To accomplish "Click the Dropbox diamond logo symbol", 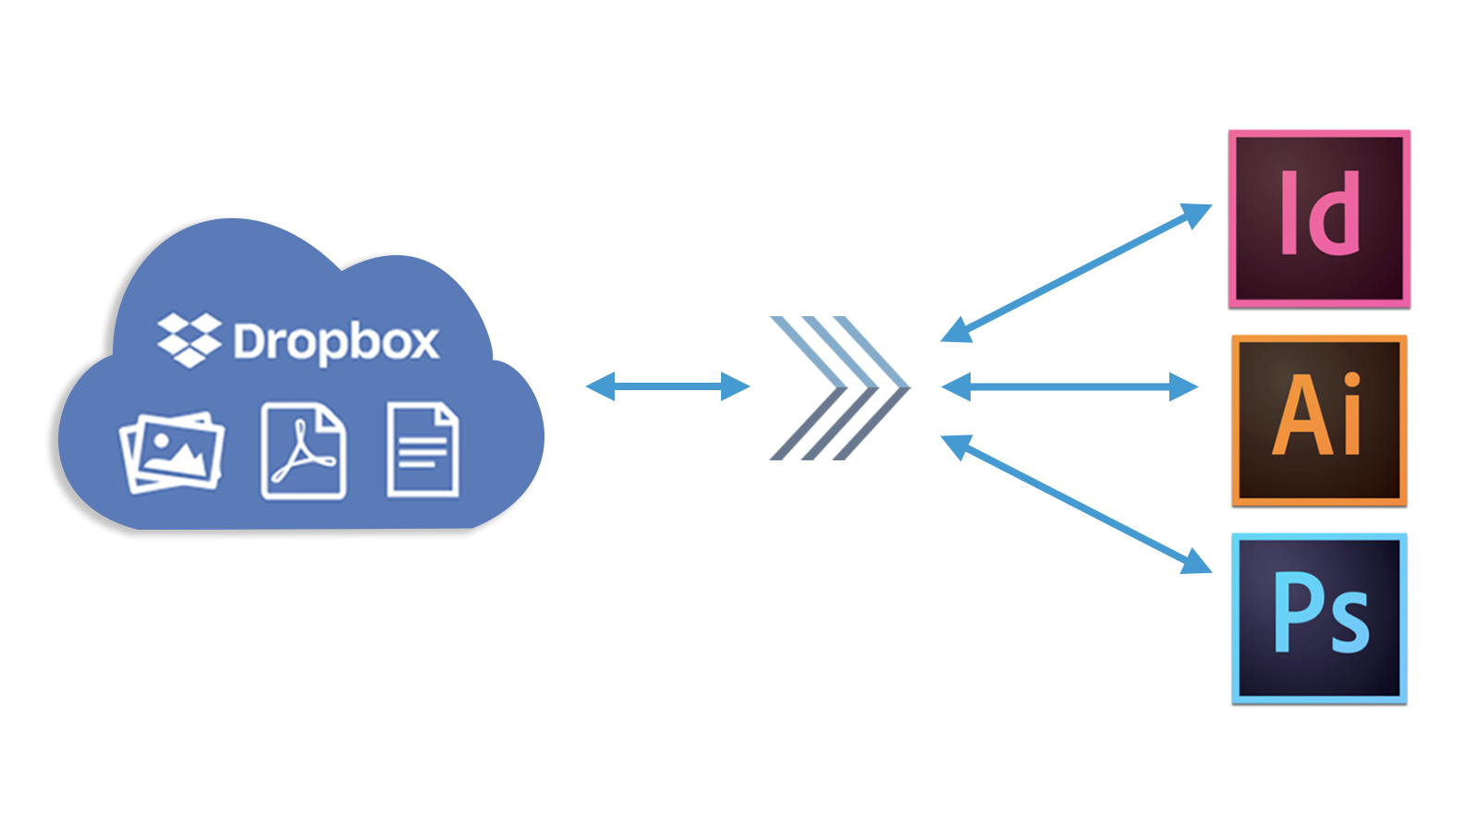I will click(189, 340).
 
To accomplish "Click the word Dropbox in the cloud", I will click(336, 343).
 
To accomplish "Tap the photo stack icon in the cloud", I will click(172, 452).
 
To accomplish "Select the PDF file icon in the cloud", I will click(303, 451).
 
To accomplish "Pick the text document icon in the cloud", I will click(422, 450).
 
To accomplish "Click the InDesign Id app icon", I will click(1319, 219).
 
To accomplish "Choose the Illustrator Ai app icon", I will click(1319, 421).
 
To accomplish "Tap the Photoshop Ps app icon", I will click(1319, 618).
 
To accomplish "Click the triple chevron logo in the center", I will click(839, 388).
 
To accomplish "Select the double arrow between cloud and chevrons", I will click(667, 386).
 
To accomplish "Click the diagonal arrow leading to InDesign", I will click(1076, 274).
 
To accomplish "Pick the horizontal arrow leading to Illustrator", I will click(1070, 386).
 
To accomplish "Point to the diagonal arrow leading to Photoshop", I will click(1076, 505).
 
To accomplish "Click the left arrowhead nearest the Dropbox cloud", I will click(601, 386).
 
